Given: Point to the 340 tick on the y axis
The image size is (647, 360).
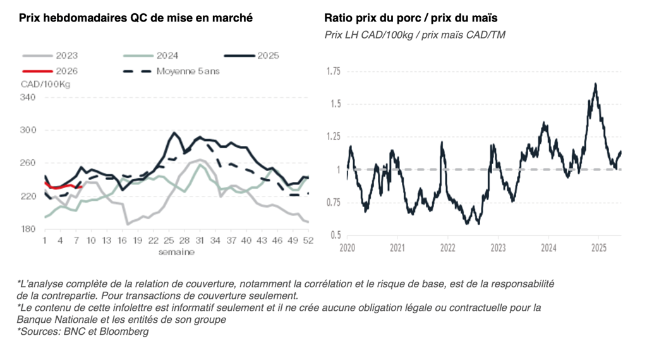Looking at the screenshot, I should coord(28,97).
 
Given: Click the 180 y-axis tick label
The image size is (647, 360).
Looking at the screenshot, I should coord(28,229).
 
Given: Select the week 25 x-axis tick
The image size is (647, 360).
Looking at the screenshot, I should coord(169,241).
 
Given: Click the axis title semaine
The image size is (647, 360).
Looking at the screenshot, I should coord(176,252).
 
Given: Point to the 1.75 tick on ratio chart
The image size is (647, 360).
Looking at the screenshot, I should coord(333,71).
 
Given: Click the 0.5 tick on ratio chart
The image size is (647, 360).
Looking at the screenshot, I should coord(335,236).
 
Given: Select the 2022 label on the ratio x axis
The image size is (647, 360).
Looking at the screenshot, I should coord(447,248).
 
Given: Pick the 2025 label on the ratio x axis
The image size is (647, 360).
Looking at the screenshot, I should coord(598,248).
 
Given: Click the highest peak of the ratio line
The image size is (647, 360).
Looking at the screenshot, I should coord(595,84).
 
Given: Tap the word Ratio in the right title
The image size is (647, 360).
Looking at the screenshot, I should coord(339,18).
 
